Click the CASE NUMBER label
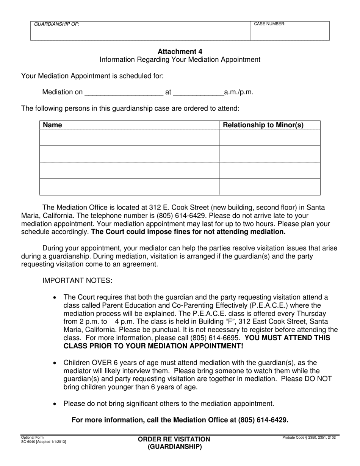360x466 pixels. (x=269, y=24)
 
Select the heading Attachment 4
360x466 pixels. (x=180, y=52)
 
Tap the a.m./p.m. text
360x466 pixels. (x=239, y=92)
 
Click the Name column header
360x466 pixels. (x=53, y=125)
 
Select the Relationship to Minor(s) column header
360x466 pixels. (x=263, y=125)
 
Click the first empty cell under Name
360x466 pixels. (x=130, y=137)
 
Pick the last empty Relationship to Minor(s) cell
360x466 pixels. (x=270, y=187)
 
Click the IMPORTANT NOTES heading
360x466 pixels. (x=77, y=281)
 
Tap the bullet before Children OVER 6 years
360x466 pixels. (x=55, y=363)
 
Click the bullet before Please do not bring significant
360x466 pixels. (x=55, y=404)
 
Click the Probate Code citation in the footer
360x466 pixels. (x=309, y=438)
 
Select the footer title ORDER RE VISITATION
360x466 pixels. (x=174, y=439)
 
